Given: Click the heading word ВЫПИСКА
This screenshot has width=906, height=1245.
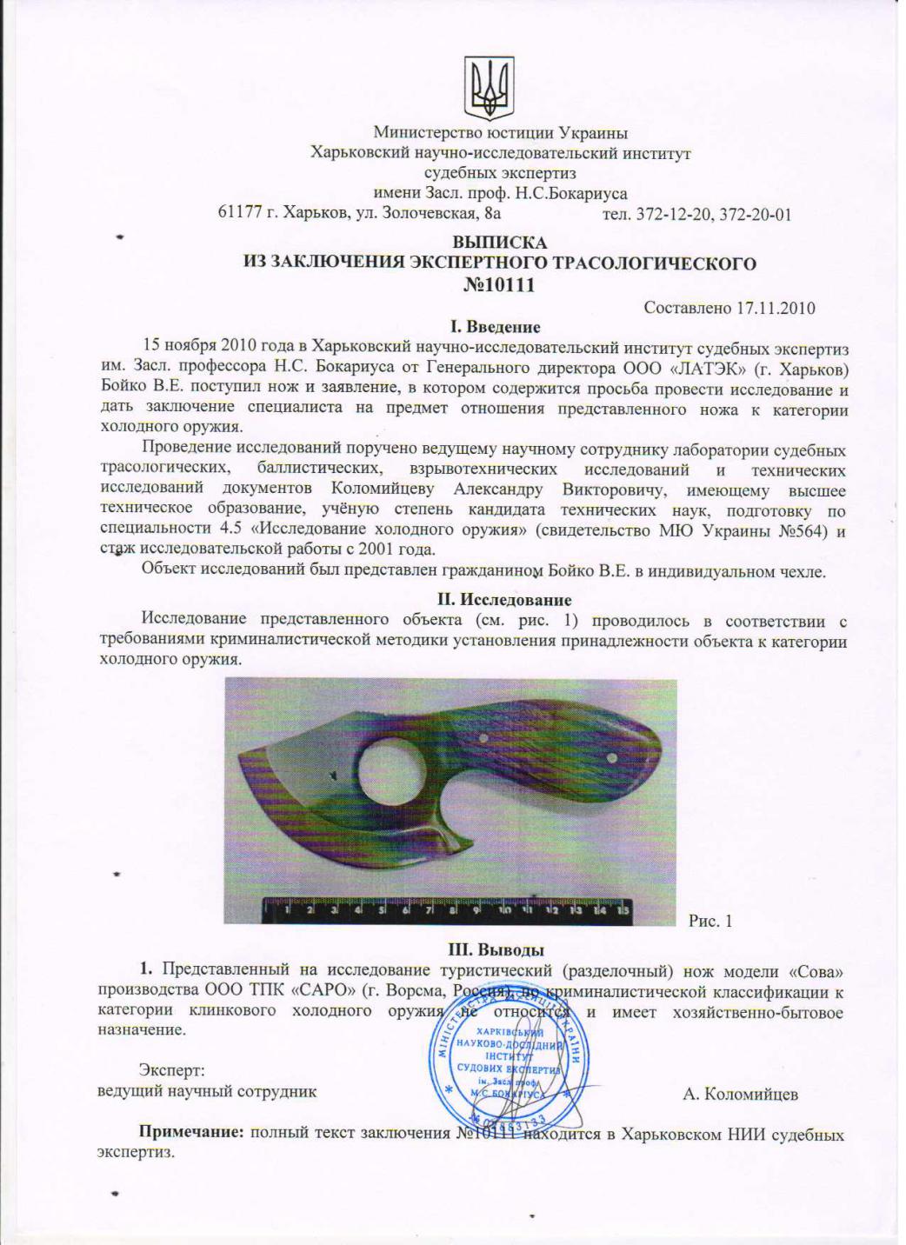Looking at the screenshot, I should coord(499,243).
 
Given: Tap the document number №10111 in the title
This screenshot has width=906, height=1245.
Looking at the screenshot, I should coord(500,284).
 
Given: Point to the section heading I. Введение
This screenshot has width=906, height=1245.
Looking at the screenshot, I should coord(495,328).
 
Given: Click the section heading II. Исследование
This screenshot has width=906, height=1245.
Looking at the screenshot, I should coord(503,600).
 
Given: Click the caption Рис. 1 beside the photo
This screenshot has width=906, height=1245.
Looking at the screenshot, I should coord(710,920).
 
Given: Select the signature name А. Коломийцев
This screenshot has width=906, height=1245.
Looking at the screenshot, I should coord(740,1094).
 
